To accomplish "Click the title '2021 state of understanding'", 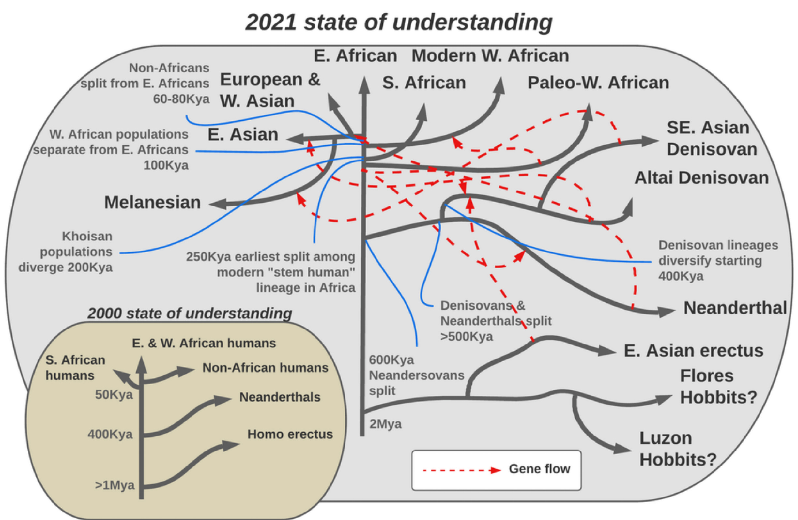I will pyautogui.click(x=399, y=22).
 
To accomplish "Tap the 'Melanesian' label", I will pyautogui.click(x=153, y=203).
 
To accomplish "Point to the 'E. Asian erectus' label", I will pyautogui.click(x=693, y=351).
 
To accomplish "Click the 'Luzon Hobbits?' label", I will pyautogui.click(x=677, y=449).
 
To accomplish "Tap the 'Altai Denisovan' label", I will pyautogui.click(x=701, y=178).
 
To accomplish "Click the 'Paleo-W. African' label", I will pyautogui.click(x=598, y=83).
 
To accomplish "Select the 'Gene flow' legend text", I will pyautogui.click(x=540, y=469).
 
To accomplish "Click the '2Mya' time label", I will pyautogui.click(x=385, y=424).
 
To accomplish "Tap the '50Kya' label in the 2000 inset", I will pyautogui.click(x=114, y=395).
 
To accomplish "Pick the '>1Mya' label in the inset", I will pyautogui.click(x=115, y=485).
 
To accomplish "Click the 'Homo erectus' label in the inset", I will pyautogui.click(x=290, y=434).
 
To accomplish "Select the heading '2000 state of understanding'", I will pyautogui.click(x=190, y=313).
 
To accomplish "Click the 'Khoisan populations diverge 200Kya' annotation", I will pyautogui.click(x=65, y=252).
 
